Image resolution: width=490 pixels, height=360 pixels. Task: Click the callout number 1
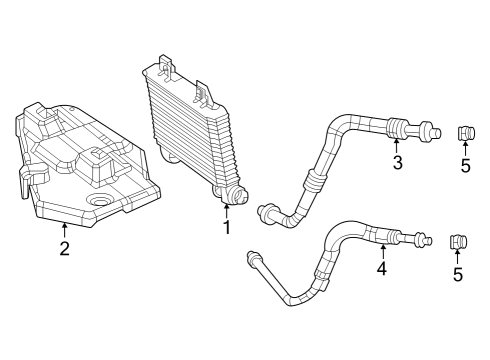click(227, 228)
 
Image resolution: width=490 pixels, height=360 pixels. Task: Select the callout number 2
click(64, 249)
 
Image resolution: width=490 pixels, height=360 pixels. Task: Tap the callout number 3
click(397, 164)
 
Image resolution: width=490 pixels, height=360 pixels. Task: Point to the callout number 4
click(381, 268)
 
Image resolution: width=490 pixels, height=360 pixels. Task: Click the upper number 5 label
click(465, 165)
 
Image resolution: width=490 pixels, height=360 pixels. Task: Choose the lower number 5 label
click(458, 274)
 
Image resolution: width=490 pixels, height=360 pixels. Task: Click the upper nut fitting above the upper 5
click(465, 133)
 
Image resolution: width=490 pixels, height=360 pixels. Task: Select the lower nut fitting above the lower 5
click(457, 242)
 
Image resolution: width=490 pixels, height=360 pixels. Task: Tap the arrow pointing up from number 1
click(227, 210)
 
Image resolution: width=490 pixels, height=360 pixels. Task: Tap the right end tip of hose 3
click(436, 129)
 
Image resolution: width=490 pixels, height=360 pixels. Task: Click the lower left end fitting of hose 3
click(267, 211)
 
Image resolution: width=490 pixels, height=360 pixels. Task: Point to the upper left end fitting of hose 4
click(250, 258)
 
